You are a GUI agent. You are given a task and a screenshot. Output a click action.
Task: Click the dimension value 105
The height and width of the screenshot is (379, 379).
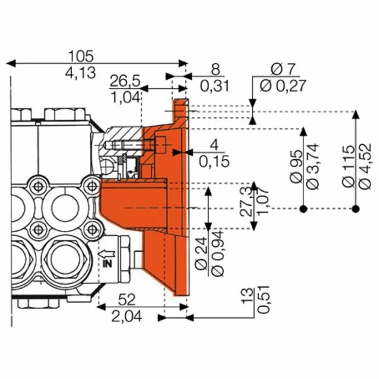coord(81,56)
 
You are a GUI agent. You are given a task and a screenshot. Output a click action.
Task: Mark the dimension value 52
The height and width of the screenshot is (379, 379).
coord(126,299)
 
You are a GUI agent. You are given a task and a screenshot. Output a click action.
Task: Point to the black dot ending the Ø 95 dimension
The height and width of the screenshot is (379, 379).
coord(304,208)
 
